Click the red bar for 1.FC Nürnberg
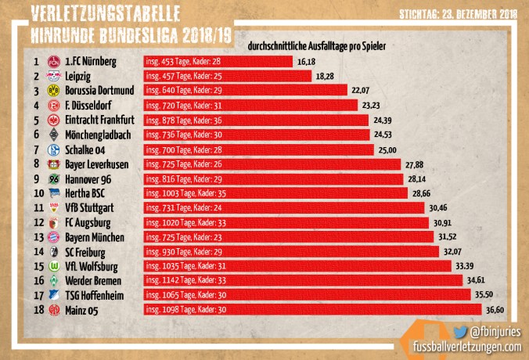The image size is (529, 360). pyautogui.click(x=218, y=61)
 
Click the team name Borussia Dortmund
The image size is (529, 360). pyautogui.click(x=102, y=91)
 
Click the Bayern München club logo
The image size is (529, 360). pyautogui.click(x=54, y=237)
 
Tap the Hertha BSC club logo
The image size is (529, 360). pyautogui.click(x=54, y=193)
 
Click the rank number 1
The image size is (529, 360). pyautogui.click(x=36, y=61)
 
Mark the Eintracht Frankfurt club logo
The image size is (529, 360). pyautogui.click(x=54, y=120)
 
